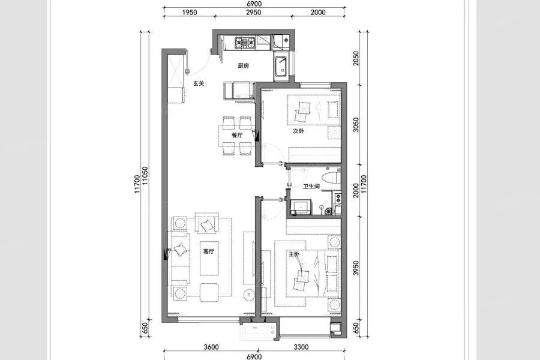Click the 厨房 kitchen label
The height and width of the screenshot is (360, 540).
[x=243, y=65]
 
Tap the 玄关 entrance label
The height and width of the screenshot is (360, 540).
[x=199, y=83]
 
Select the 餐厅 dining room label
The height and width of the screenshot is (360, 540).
[x=237, y=135]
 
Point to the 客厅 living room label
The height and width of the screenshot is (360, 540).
[x=209, y=251]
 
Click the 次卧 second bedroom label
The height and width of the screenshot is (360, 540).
[x=298, y=131]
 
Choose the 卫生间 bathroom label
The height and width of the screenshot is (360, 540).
[x=311, y=187]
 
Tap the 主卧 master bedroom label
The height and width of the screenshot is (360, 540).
[x=294, y=254]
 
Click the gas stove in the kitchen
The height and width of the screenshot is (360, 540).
[x=245, y=43]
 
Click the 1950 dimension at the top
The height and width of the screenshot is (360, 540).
[x=190, y=13]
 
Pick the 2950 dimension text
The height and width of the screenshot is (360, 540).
[x=253, y=13]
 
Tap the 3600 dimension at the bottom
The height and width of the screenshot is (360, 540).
[x=211, y=347]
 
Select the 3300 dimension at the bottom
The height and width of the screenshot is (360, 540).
[x=301, y=347]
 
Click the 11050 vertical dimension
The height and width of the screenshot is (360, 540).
[x=145, y=176]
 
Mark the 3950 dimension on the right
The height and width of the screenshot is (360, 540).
[x=356, y=268]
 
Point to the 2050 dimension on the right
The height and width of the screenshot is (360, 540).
[x=356, y=58]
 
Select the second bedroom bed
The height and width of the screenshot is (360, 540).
[x=314, y=110]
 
